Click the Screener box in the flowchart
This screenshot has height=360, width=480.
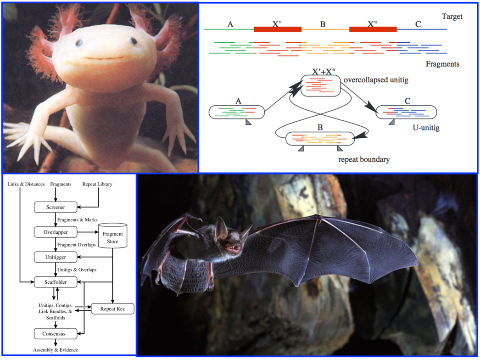coord(55,207)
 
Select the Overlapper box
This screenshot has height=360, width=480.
coord(55,232)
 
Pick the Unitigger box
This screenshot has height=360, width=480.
coord(55,257)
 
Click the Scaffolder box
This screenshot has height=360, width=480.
coord(55,282)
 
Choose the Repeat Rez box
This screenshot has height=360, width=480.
coord(112,309)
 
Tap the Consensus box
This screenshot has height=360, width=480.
coord(55,333)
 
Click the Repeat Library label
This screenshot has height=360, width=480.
coord(97,184)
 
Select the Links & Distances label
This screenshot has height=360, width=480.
coord(26,184)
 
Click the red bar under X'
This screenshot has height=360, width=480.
coord(277,29)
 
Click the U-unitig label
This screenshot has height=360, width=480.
coord(425,128)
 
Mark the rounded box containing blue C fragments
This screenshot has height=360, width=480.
coord(406,112)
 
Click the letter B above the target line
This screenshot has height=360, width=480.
coord(323,24)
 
